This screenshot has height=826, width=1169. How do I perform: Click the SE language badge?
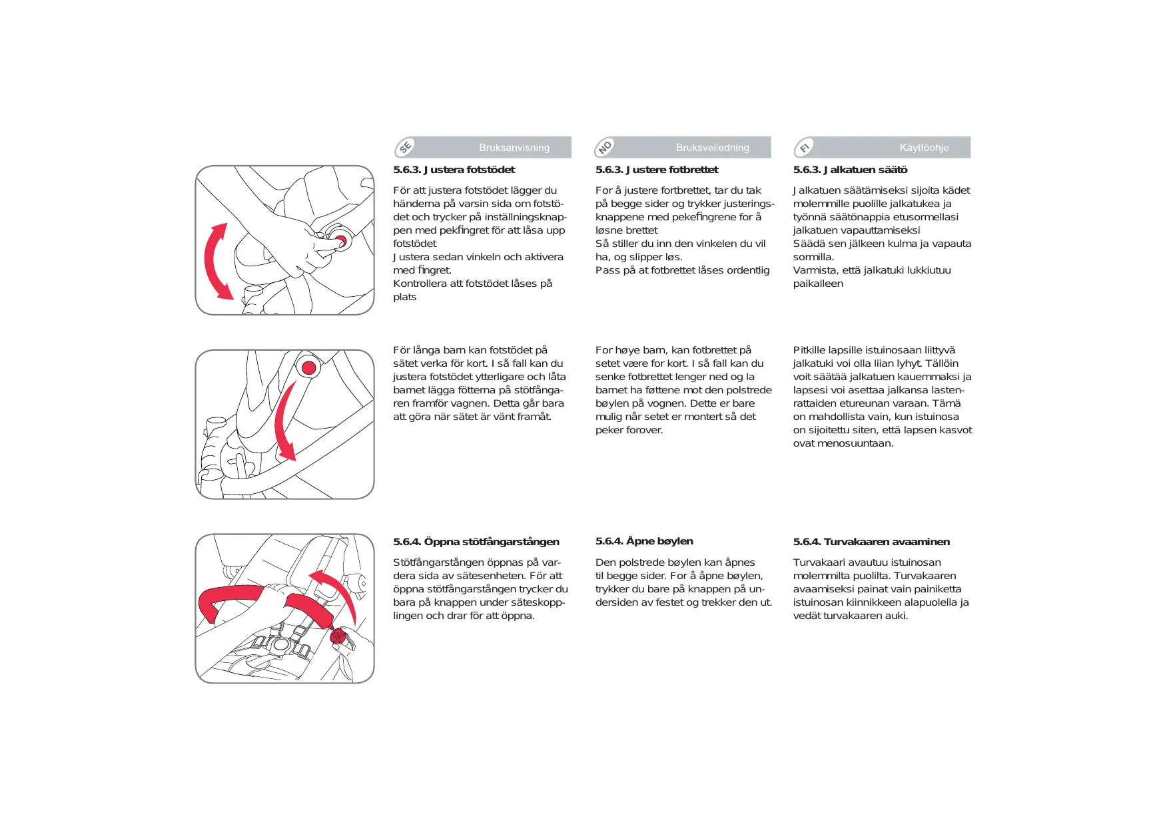[x=406, y=147]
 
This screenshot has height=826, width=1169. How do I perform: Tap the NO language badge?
[x=605, y=147]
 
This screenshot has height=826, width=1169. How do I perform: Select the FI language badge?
[x=805, y=147]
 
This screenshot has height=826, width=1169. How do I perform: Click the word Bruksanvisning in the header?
[x=514, y=148]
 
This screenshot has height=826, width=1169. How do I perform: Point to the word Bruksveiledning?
[x=712, y=148]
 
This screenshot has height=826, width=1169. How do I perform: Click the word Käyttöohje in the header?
[x=924, y=148]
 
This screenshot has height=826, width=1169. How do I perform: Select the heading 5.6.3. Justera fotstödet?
[x=454, y=170]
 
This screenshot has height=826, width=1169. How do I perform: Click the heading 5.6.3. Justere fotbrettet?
[x=657, y=170]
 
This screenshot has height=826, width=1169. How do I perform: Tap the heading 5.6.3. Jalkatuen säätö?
[x=850, y=170]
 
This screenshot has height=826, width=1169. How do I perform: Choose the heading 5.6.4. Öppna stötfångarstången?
[x=476, y=542]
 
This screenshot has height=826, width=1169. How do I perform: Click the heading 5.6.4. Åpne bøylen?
[x=644, y=541]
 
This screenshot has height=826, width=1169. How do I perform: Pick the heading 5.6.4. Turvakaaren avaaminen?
[x=871, y=542]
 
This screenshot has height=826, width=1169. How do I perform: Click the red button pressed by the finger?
[x=340, y=240]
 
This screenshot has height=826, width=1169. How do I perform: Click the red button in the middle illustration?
[x=308, y=367]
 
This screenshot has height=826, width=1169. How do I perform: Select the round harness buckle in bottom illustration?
[x=280, y=643]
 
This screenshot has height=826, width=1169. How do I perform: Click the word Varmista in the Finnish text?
[x=811, y=270]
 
